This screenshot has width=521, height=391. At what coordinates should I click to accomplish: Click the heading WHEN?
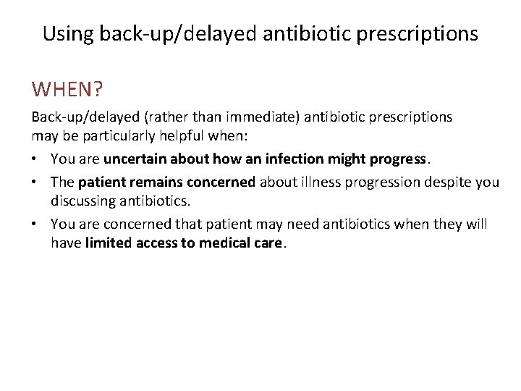pos(67,89)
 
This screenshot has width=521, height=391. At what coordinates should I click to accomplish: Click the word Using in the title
pos(69,33)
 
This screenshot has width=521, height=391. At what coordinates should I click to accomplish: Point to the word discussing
pos(85,201)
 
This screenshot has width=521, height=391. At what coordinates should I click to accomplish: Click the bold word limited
pos(108,243)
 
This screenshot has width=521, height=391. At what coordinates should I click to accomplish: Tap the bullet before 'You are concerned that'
pos(35,224)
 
